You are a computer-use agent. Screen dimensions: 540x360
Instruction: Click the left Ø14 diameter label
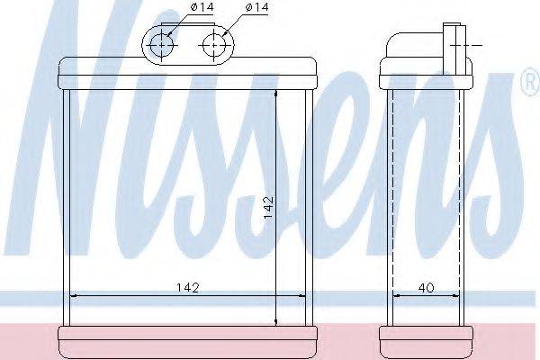(x=202, y=6)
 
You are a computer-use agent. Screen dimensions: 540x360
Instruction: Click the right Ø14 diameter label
(x=256, y=6)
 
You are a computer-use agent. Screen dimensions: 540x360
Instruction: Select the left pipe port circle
(x=161, y=45)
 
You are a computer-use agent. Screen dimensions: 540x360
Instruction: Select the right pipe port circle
(x=214, y=45)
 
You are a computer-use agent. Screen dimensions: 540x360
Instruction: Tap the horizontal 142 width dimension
(x=188, y=287)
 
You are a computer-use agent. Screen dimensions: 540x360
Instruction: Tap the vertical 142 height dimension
(x=268, y=207)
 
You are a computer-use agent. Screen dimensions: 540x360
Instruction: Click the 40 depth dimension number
(x=426, y=287)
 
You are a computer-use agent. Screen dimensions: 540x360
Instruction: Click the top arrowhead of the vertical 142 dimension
(x=276, y=94)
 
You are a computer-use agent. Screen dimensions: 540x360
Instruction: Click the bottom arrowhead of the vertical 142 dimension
(x=276, y=321)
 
